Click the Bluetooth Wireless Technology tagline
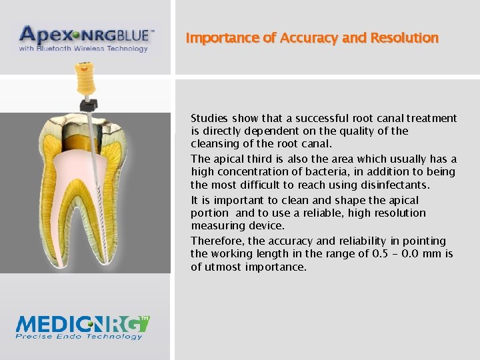[x=83, y=49]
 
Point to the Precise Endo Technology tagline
[x=79, y=337]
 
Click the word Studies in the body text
[x=209, y=119]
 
